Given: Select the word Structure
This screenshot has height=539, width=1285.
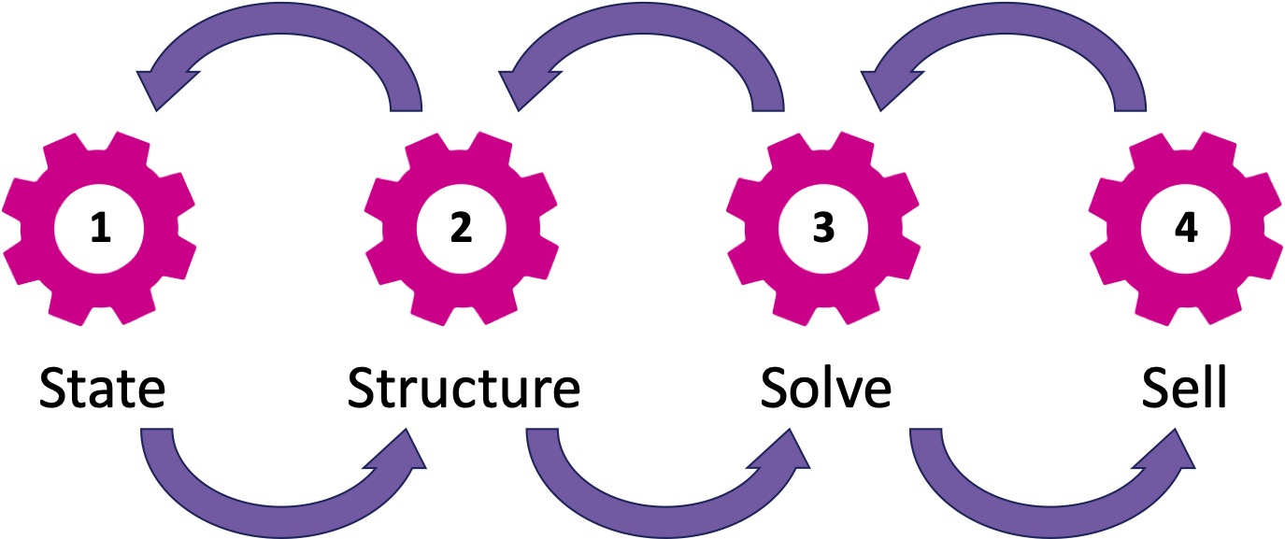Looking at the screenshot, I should point(464,389).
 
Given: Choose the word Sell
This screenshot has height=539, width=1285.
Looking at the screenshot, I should point(1184,389).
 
